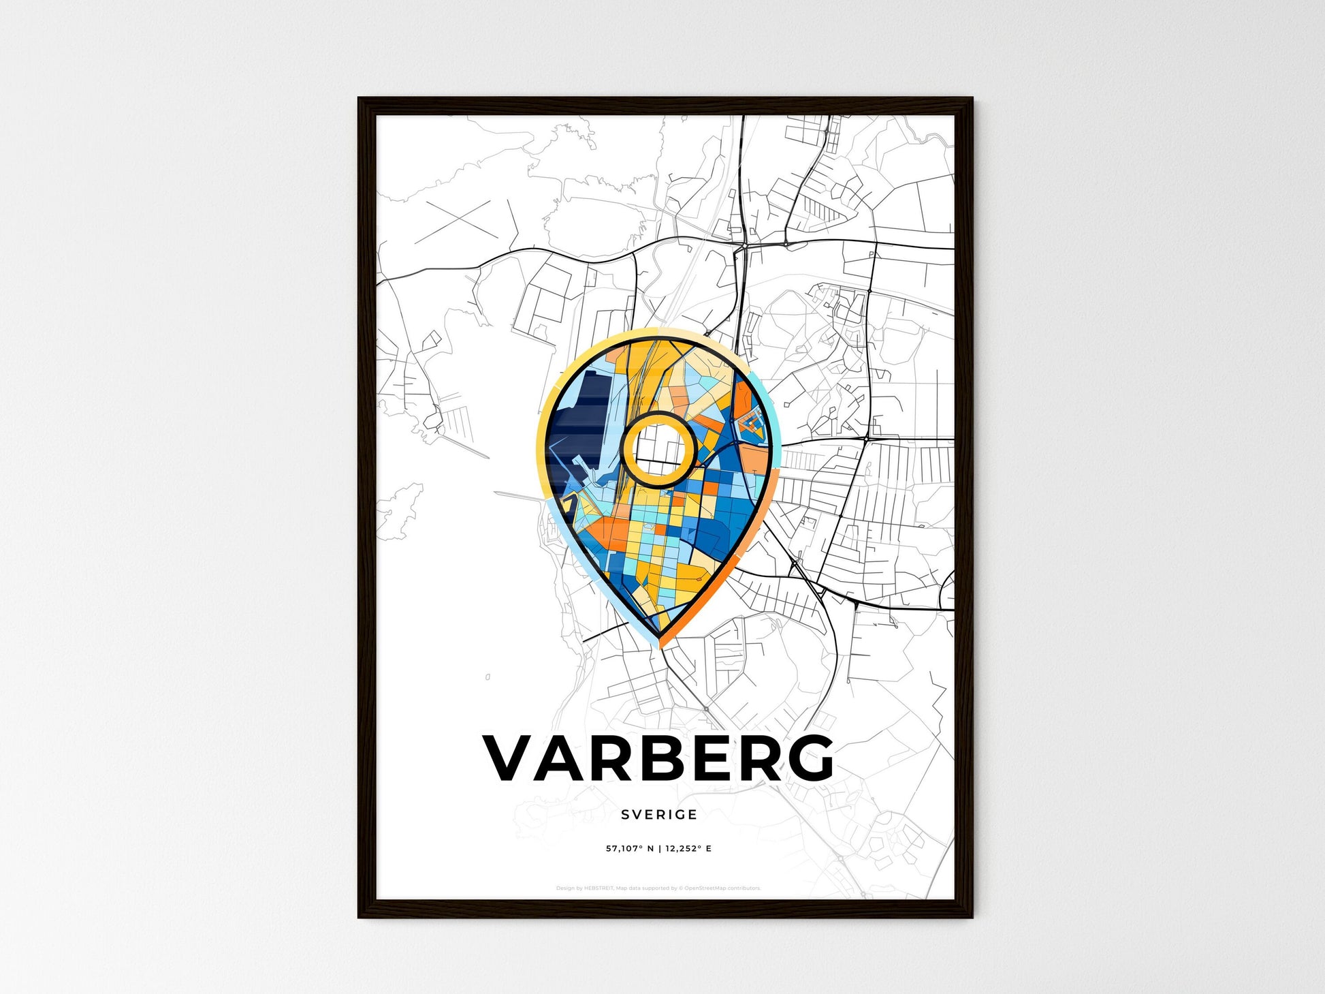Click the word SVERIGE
(x=659, y=815)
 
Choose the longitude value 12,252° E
(x=688, y=849)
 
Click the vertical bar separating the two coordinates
(x=659, y=849)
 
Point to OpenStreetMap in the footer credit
(x=705, y=888)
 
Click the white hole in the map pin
(x=658, y=450)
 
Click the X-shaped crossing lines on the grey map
(x=453, y=221)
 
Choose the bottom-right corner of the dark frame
(x=971, y=916)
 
